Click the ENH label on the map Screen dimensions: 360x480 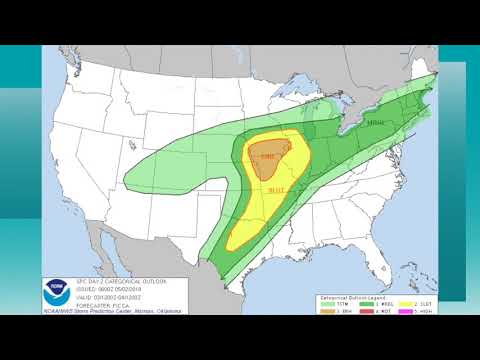point(267,157)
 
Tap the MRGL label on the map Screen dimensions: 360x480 point(376,123)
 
